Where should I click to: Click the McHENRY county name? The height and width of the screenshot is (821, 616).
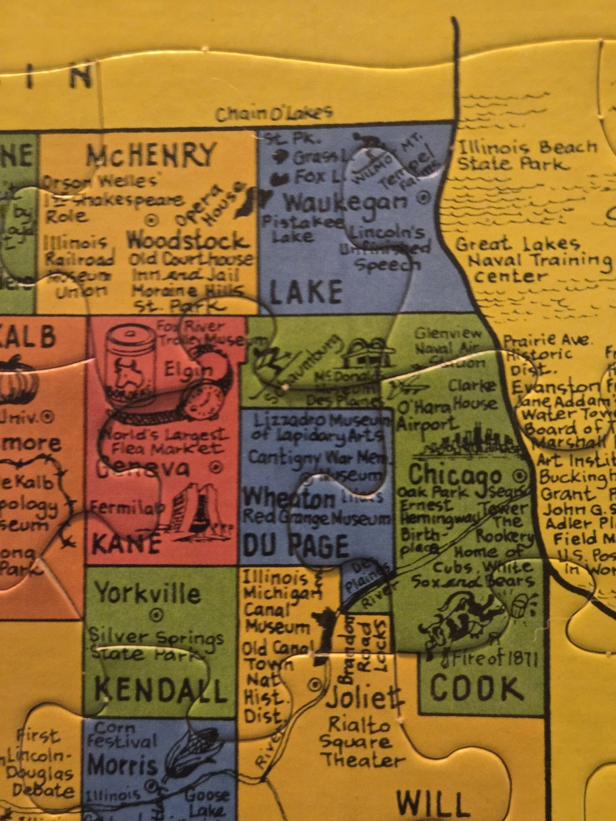tap(151, 154)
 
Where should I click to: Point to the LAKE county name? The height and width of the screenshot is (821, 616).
tap(305, 291)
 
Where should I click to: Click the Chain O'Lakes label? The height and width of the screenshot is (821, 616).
tap(274, 113)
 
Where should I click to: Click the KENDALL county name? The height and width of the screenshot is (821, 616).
tap(160, 690)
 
